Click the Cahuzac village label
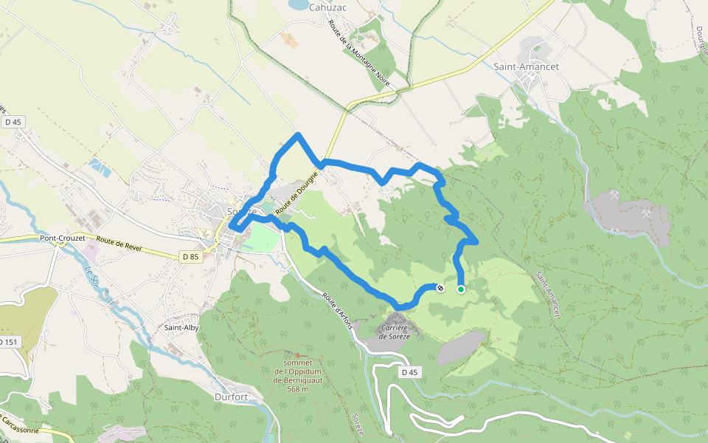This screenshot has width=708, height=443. tap(328, 7)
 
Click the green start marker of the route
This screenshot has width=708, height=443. tap(461, 289)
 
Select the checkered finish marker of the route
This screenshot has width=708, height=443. tap(440, 288)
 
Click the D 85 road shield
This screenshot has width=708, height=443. tap(190, 256)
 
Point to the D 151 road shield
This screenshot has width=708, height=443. tap(7, 342)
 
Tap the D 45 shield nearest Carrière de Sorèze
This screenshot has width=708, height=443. tap(410, 373)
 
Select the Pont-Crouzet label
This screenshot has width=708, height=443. tap(64, 238)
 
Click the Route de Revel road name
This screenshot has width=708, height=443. tap(118, 241)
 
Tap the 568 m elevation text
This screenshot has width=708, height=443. tap(296, 389)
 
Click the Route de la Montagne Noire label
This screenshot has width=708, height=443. tap(358, 55)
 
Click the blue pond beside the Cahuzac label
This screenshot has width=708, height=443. tap(299, 4)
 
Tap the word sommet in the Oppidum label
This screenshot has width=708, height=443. tap(297, 363)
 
